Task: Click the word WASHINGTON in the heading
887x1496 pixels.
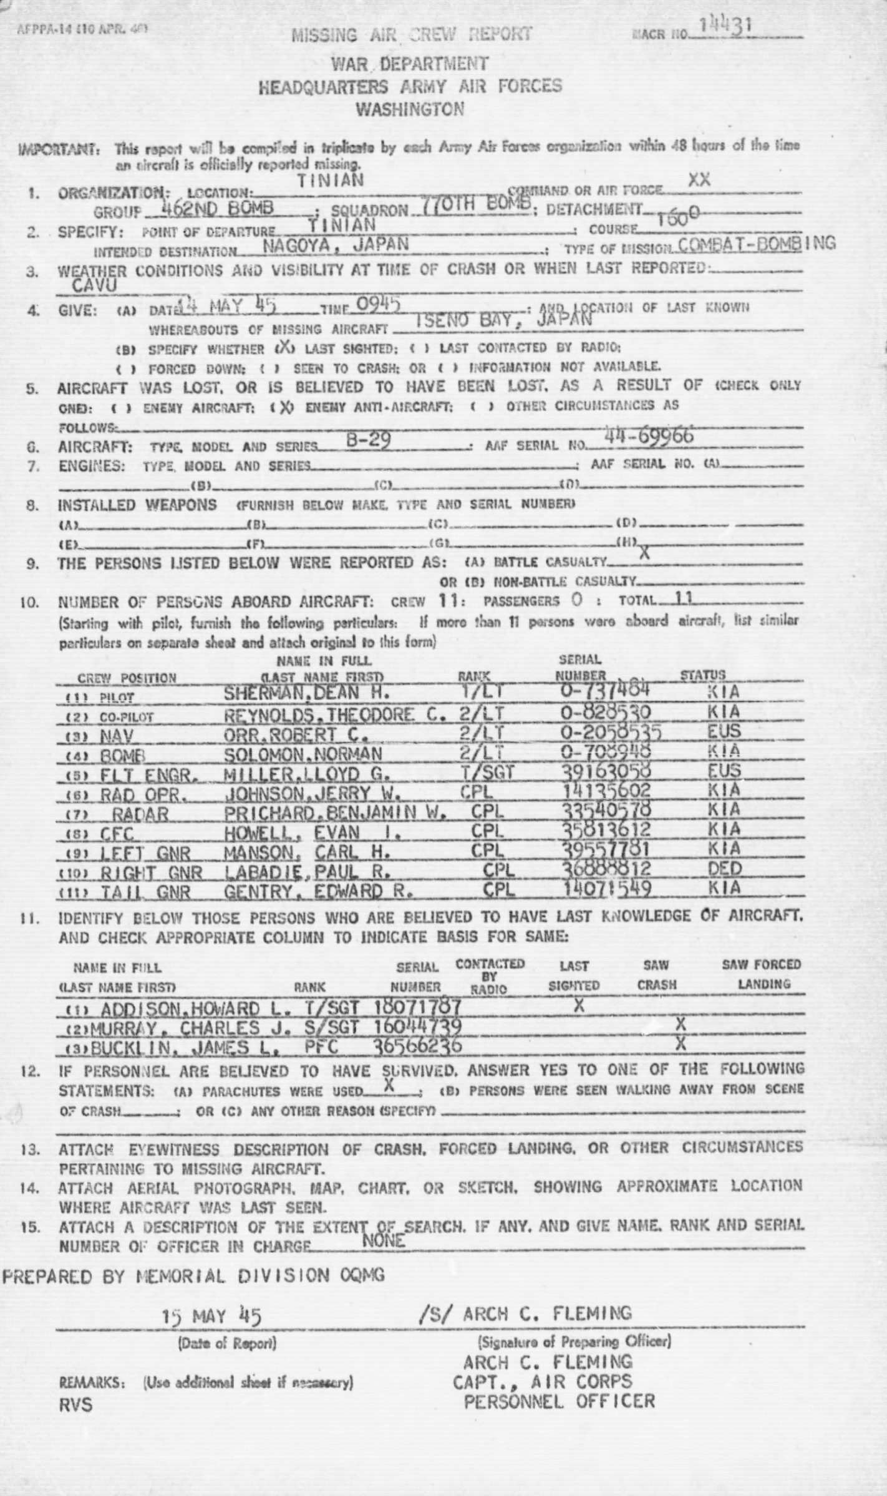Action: tap(409, 110)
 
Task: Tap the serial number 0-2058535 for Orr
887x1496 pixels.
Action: tap(609, 731)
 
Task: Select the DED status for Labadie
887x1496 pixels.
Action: tap(724, 868)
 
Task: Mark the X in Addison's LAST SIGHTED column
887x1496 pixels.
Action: tap(578, 1004)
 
